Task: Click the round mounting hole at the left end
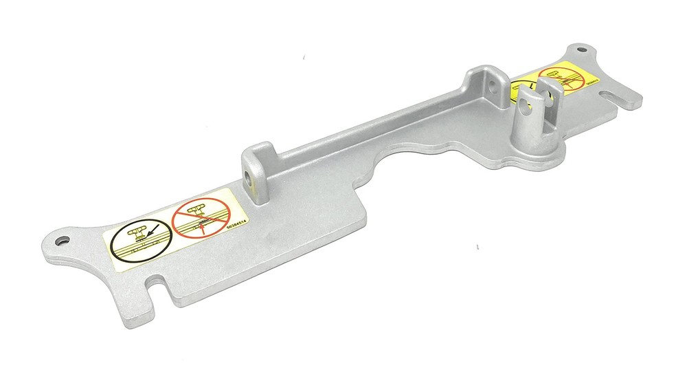63,240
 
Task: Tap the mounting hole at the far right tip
581,50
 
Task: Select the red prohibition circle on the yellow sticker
559,78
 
